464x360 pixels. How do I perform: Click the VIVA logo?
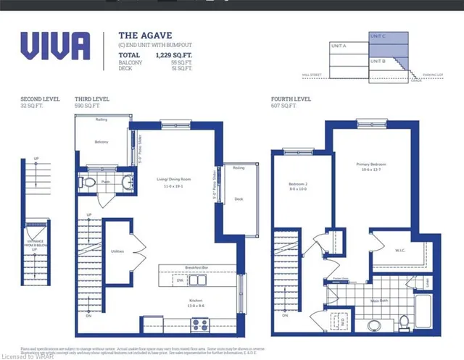pos(55,46)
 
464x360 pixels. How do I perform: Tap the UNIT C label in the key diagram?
pos(378,35)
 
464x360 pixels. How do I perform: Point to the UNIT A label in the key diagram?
pos(339,46)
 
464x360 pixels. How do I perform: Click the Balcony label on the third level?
pos(101,142)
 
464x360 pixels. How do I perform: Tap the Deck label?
pos(239,198)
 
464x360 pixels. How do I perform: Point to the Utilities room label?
pos(117,251)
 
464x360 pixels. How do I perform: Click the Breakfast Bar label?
pos(196,267)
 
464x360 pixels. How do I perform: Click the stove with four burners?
pos(199,325)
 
